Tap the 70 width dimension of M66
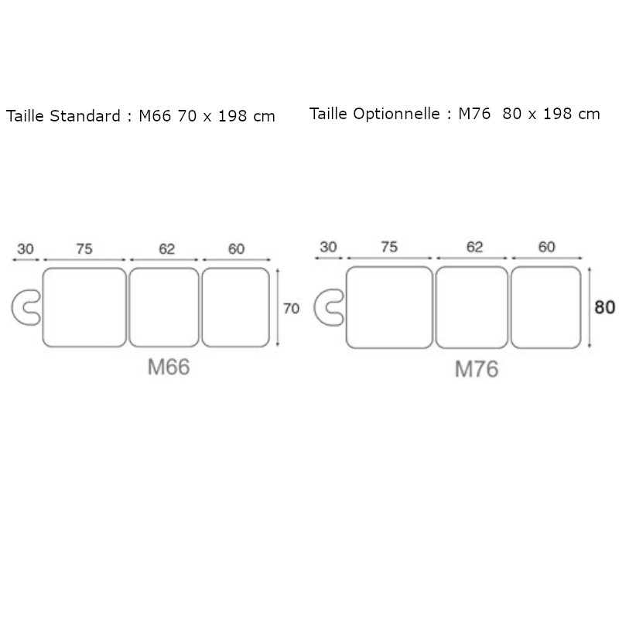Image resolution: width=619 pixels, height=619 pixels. click(291, 308)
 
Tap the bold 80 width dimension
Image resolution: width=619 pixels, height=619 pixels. click(605, 307)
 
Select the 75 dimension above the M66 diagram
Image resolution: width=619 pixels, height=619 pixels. click(85, 248)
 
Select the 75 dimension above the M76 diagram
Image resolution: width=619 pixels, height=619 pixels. click(389, 247)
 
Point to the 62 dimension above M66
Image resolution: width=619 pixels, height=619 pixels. click(166, 248)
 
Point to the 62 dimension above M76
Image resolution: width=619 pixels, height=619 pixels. click(474, 247)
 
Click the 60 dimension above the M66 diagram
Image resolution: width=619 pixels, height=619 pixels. click(236, 248)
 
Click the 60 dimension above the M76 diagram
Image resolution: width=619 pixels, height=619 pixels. click(546, 247)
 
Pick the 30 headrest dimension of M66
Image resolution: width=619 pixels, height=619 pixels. click(25, 248)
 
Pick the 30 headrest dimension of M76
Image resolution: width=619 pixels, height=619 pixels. click(328, 247)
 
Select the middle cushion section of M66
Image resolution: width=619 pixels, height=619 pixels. click(165, 307)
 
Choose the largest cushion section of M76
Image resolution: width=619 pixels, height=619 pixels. click(389, 307)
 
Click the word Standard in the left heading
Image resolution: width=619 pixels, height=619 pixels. click(85, 116)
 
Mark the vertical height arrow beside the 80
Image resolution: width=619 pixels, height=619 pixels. click(590, 307)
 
